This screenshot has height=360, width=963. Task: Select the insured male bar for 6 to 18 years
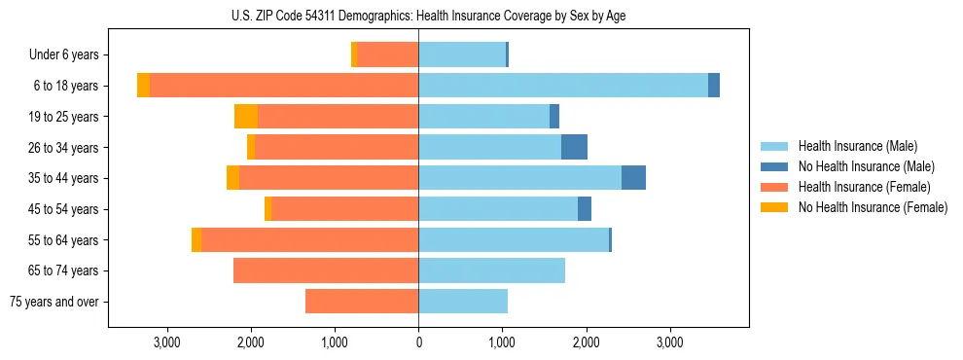click(x=563, y=86)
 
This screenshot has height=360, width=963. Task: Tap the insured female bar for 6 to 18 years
click(x=284, y=86)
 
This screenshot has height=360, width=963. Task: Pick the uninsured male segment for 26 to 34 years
click(x=575, y=147)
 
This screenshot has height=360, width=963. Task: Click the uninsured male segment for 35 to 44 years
click(x=633, y=178)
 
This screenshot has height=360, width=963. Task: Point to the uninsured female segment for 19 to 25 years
click(x=246, y=117)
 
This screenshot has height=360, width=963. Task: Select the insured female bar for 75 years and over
click(x=362, y=302)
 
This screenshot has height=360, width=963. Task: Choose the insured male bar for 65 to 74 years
click(x=491, y=270)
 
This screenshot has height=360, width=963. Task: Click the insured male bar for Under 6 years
click(x=462, y=54)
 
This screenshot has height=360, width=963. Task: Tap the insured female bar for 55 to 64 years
click(x=309, y=239)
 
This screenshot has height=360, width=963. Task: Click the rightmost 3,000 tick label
click(x=670, y=342)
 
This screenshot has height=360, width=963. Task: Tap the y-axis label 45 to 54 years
click(x=64, y=209)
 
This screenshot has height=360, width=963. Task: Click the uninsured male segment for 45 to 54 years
click(x=585, y=209)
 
